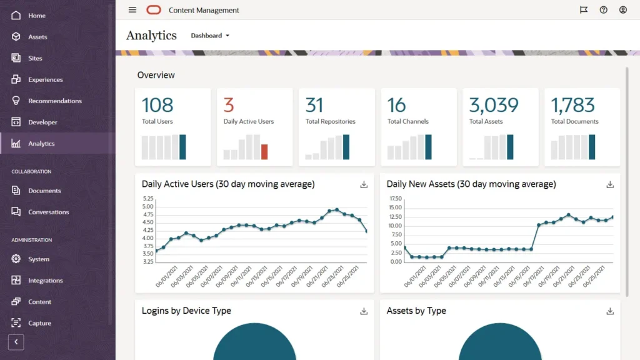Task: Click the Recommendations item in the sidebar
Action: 54,101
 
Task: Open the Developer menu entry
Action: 42,122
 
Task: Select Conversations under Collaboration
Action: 48,212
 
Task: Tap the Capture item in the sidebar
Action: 39,323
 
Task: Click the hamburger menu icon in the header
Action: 132,10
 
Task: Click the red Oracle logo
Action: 154,10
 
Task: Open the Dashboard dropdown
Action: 210,36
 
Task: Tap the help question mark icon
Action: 603,10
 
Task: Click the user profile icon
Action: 622,10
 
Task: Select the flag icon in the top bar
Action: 584,10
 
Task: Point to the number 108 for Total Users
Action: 157,105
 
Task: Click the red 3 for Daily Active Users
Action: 229,105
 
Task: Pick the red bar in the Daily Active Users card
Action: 264,152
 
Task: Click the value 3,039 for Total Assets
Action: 494,105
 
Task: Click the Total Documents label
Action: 574,121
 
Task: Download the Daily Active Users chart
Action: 364,184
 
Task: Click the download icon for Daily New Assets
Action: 610,184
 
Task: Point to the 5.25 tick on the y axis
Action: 147,199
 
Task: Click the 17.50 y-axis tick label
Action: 395,199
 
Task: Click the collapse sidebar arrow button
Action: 16,342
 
